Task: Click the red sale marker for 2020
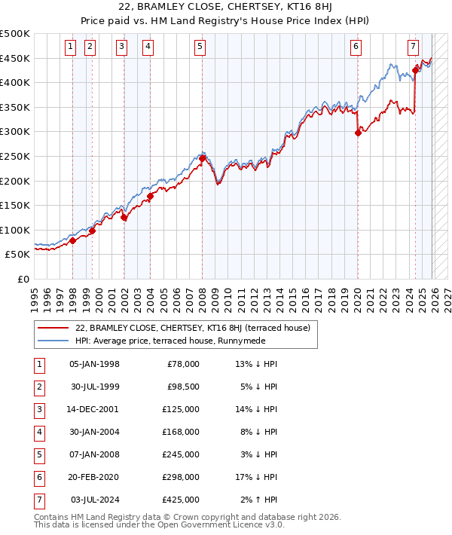(x=358, y=133)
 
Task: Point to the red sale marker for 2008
(x=202, y=159)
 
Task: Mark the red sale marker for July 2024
(x=415, y=71)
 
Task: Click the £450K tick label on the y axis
(x=15, y=58)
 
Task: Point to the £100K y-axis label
(x=15, y=230)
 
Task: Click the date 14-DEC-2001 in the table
(x=93, y=409)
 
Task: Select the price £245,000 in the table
(x=181, y=454)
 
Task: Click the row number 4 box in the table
(x=38, y=432)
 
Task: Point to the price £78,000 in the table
(x=183, y=364)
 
